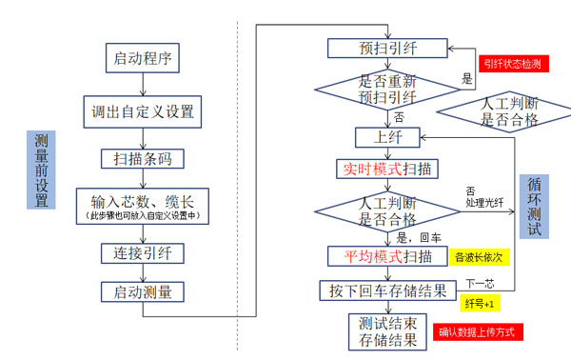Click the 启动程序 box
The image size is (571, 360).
[x=143, y=58]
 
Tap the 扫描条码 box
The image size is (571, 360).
[x=143, y=159]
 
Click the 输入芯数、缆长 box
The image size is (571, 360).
[x=143, y=207]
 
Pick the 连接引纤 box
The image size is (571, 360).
[x=143, y=253]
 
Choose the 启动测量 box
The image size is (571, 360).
[x=143, y=292]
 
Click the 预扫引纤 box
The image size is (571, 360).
[x=385, y=48]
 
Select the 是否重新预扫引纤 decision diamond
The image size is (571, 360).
[x=386, y=90]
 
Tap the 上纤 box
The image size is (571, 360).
[x=386, y=137]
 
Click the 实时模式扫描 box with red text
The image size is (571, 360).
[x=386, y=170]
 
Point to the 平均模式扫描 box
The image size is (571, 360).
[x=386, y=256]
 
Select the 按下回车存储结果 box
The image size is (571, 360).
[x=386, y=290]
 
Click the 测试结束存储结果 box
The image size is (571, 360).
[x=386, y=330]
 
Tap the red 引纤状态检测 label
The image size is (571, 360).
[x=512, y=64]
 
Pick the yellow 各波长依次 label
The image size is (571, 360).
[x=481, y=257]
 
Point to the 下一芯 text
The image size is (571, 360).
[x=480, y=284]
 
